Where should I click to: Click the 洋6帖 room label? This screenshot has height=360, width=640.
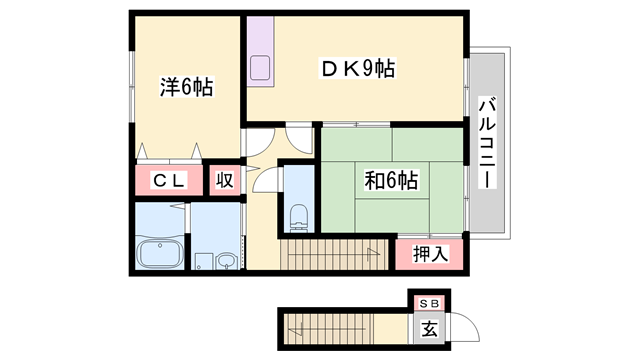pyautogui.click(x=187, y=88)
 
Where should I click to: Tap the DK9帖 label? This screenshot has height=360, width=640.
pyautogui.click(x=356, y=69)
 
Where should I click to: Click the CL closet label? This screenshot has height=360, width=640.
pyautogui.click(x=167, y=181)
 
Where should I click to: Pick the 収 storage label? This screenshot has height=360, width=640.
pyautogui.click(x=225, y=181)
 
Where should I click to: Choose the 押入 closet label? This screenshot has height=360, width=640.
pyautogui.click(x=430, y=254)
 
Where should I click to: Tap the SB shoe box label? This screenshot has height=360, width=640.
pyautogui.click(x=428, y=302)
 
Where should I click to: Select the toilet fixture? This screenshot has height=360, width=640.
pyautogui.click(x=298, y=214)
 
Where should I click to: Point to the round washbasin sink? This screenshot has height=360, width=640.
pyautogui.click(x=226, y=262)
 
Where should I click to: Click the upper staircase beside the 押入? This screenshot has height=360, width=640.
pyautogui.click(x=336, y=254)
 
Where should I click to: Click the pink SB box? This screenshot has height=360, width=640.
pyautogui.click(x=428, y=302)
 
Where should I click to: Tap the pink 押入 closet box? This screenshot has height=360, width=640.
pyautogui.click(x=430, y=254)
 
